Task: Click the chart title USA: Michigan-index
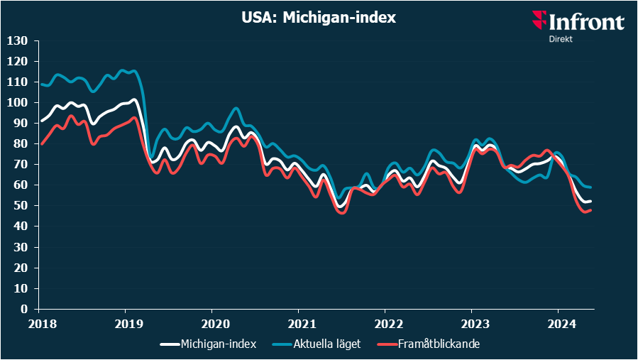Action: pyautogui.click(x=318, y=18)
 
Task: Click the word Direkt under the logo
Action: pyautogui.click(x=561, y=39)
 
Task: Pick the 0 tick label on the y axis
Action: pyautogui.click(x=23, y=309)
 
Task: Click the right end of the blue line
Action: pyautogui.click(x=591, y=187)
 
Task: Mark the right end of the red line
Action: pyautogui.click(x=591, y=209)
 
